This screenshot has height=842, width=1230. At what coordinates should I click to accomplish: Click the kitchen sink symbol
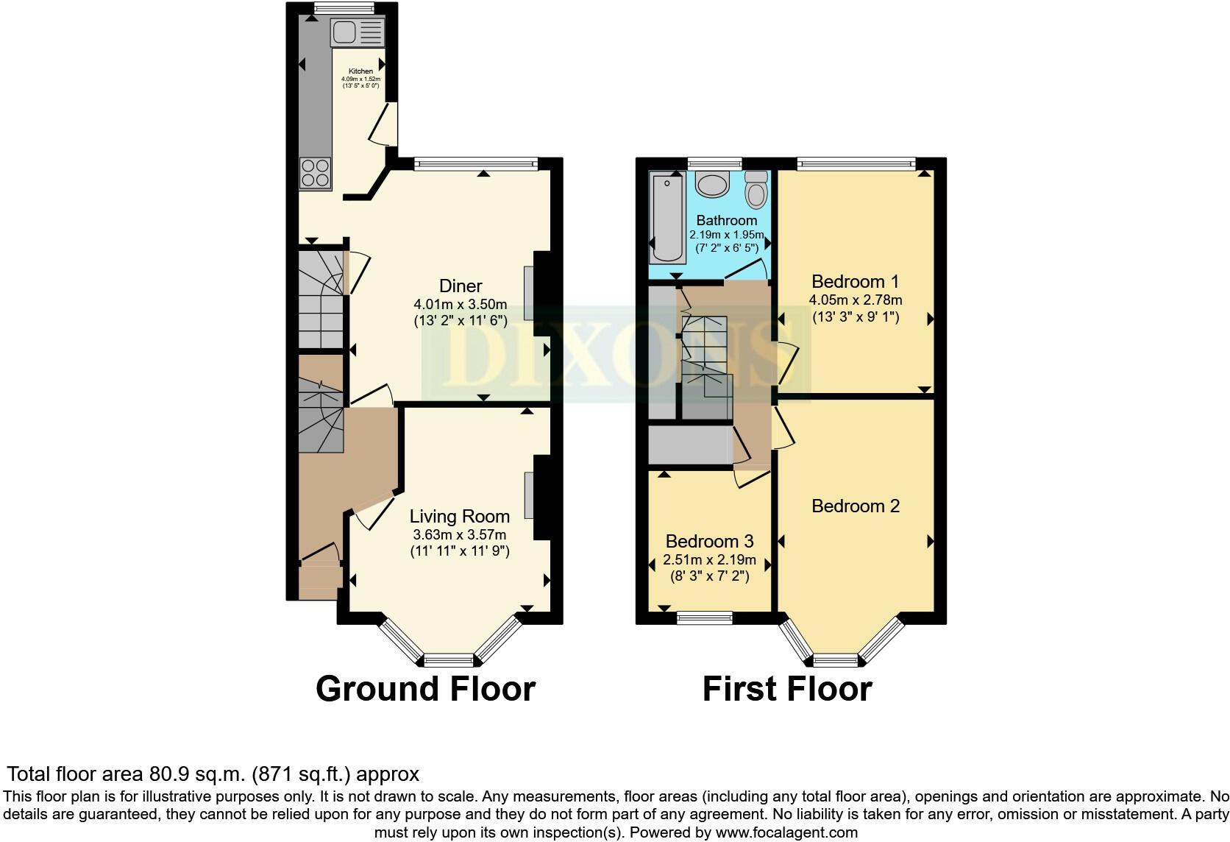(358, 32)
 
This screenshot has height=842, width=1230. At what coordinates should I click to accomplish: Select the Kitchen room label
(360, 71)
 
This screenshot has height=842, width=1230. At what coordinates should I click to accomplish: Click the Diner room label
(461, 286)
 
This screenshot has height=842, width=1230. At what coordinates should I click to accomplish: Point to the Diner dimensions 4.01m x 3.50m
(461, 304)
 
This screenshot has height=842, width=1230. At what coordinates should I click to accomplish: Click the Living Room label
(460, 517)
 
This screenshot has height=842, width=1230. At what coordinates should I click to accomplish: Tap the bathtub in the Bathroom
(667, 217)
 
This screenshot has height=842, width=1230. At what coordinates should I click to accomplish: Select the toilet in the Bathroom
(756, 189)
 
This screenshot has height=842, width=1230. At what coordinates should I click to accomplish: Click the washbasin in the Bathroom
(712, 183)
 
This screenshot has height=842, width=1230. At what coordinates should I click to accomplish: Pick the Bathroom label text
(726, 220)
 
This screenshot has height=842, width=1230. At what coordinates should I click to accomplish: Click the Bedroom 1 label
(856, 281)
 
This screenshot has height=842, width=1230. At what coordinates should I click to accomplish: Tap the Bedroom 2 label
(856, 506)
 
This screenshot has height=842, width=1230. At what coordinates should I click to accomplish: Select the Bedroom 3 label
(709, 542)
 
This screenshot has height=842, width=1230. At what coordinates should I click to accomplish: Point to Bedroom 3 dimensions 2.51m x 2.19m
(709, 560)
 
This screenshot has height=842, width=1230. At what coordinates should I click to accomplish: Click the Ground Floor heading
(425, 689)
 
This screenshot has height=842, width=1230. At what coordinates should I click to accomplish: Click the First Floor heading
(787, 689)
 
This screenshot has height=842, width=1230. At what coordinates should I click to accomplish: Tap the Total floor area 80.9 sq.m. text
(213, 774)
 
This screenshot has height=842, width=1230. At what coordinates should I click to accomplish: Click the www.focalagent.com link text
(786, 832)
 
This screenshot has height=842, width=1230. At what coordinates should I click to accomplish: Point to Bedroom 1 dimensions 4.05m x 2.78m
(856, 300)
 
